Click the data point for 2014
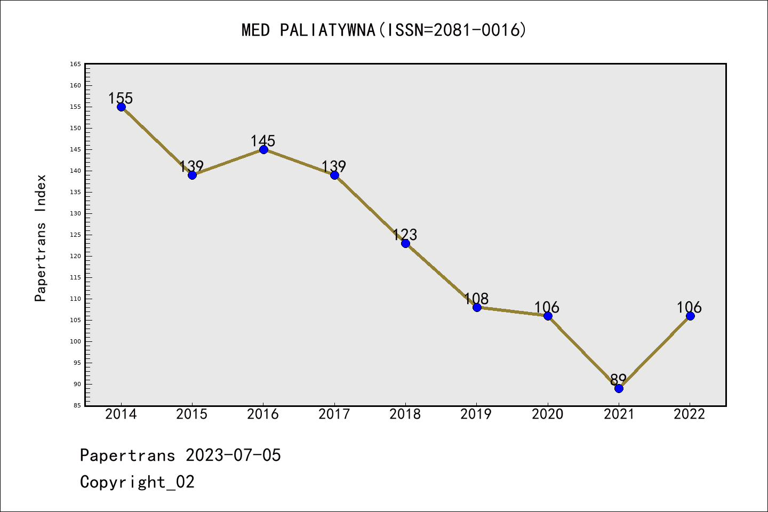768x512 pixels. [x=121, y=107]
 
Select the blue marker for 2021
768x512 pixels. [x=619, y=388]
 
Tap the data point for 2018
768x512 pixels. [x=405, y=243]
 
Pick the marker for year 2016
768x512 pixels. [x=263, y=149]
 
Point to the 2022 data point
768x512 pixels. [x=690, y=316]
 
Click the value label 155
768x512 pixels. [x=121, y=98]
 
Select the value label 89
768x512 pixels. [x=618, y=380]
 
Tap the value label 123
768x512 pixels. [x=405, y=235]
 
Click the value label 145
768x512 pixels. [x=263, y=141]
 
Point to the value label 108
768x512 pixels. [x=476, y=299]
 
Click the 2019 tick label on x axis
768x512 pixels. [x=476, y=414]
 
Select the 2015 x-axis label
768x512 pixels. [x=192, y=414]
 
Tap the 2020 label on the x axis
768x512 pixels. [x=548, y=414]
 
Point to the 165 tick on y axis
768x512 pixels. [x=75, y=64]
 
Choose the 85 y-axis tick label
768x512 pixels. [x=77, y=405]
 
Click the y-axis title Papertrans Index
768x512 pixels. [x=41, y=238]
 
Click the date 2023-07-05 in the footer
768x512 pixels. [x=233, y=455]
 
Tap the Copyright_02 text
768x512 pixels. [x=137, y=482]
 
